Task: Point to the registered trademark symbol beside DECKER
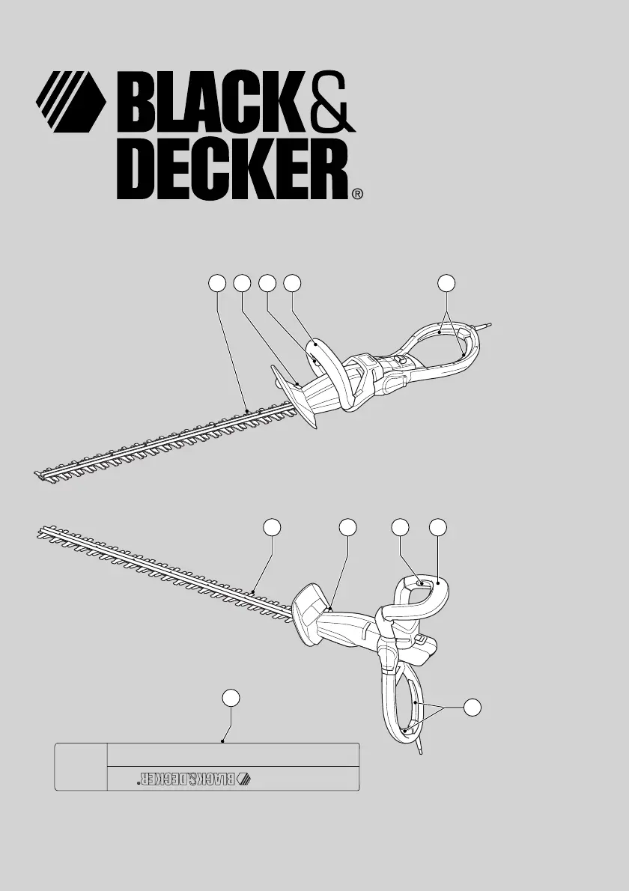[x=357, y=195]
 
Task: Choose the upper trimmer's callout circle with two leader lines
[x=446, y=283]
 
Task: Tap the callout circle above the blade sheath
[x=230, y=698]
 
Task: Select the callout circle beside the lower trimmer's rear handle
[x=472, y=708]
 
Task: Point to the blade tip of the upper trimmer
[x=37, y=472]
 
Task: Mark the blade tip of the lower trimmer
[x=40, y=532]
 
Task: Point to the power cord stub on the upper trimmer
[x=484, y=326]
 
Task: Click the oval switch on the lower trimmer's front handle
[x=420, y=582]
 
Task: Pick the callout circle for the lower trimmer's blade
[x=272, y=527]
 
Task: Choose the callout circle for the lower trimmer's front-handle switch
[x=401, y=527]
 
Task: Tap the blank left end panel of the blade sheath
[x=82, y=767]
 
